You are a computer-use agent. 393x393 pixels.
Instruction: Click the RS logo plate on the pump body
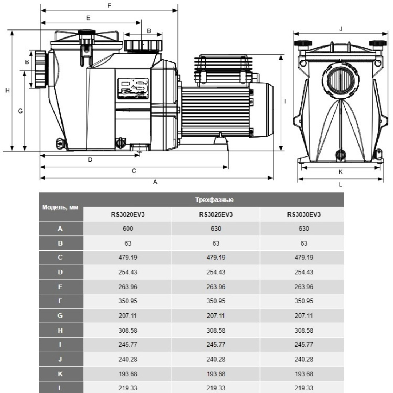[x=132, y=88]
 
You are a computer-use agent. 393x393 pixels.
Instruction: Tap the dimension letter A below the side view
[x=155, y=182]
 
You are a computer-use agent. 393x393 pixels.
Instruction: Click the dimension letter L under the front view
[x=340, y=184]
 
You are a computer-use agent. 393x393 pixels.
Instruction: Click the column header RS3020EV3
[x=128, y=214]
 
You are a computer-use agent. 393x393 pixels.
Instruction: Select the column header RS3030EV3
[x=304, y=214]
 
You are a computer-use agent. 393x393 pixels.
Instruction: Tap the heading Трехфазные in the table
[x=214, y=200]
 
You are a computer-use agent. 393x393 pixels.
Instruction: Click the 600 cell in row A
[x=128, y=229]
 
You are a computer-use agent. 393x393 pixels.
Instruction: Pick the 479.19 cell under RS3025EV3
[x=216, y=258]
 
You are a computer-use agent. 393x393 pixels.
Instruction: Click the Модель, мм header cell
[x=61, y=207]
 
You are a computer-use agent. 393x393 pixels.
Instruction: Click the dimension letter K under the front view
[x=340, y=171]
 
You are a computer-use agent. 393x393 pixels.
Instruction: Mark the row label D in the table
[x=61, y=273]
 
